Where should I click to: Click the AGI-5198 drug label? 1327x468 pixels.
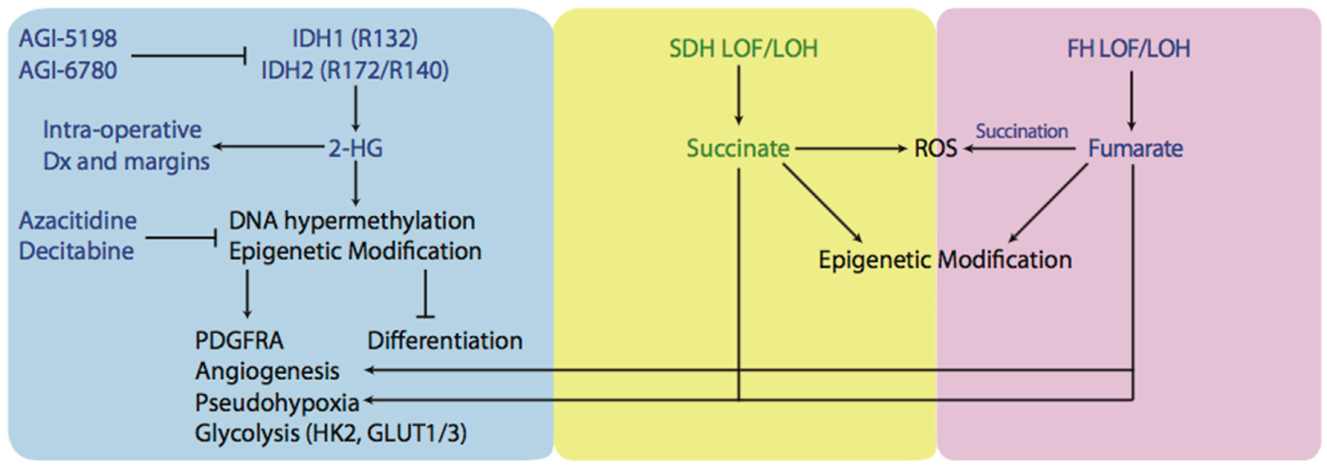(x=68, y=39)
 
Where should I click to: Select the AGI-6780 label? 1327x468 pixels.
(x=68, y=70)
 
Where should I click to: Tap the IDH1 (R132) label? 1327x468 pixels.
(x=355, y=39)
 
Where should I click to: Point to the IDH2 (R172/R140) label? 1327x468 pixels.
(x=355, y=70)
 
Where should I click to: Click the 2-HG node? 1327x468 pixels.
(x=356, y=148)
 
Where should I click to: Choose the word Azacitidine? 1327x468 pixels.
(x=78, y=220)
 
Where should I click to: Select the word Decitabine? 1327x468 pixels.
(x=76, y=251)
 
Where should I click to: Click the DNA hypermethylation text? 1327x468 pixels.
(x=352, y=220)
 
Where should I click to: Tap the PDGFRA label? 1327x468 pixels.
(x=239, y=341)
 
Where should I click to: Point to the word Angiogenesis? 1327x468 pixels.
(x=267, y=371)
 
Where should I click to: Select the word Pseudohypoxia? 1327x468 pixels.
(x=276, y=403)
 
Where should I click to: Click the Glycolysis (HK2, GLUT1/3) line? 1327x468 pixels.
(x=331, y=433)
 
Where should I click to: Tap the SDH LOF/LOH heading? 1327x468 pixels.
(x=743, y=48)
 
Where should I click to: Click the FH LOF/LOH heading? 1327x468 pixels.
(x=1128, y=48)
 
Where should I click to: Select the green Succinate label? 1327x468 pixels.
(x=738, y=148)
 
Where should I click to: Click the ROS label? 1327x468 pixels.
(x=935, y=148)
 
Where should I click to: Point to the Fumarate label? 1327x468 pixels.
(x=1135, y=148)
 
